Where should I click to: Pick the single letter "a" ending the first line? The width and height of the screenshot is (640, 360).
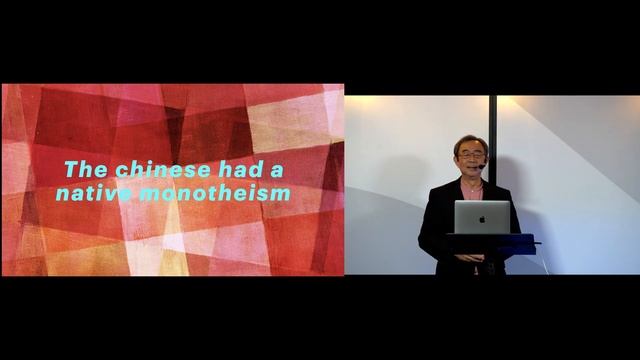click(276, 170)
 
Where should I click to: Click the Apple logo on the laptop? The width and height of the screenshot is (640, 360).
click(481, 216)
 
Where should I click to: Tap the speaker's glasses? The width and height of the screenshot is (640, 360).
click(471, 157)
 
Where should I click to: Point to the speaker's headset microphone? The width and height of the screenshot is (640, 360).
click(482, 165)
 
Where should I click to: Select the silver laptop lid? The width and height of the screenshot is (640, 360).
click(481, 217)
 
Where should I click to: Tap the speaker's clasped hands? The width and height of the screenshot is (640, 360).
click(469, 257)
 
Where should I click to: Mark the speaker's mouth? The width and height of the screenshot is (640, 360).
click(471, 169)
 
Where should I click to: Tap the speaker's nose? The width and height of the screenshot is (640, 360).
click(471, 162)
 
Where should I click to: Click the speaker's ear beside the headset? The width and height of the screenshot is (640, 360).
click(486, 157)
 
